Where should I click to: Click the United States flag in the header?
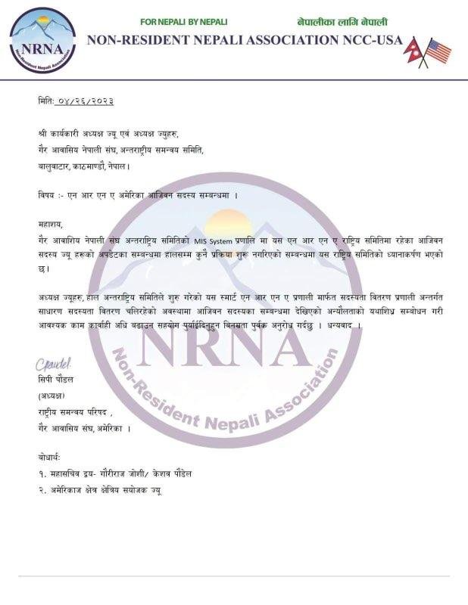pos(438,51)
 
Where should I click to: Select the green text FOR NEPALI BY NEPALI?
pos(184,23)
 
